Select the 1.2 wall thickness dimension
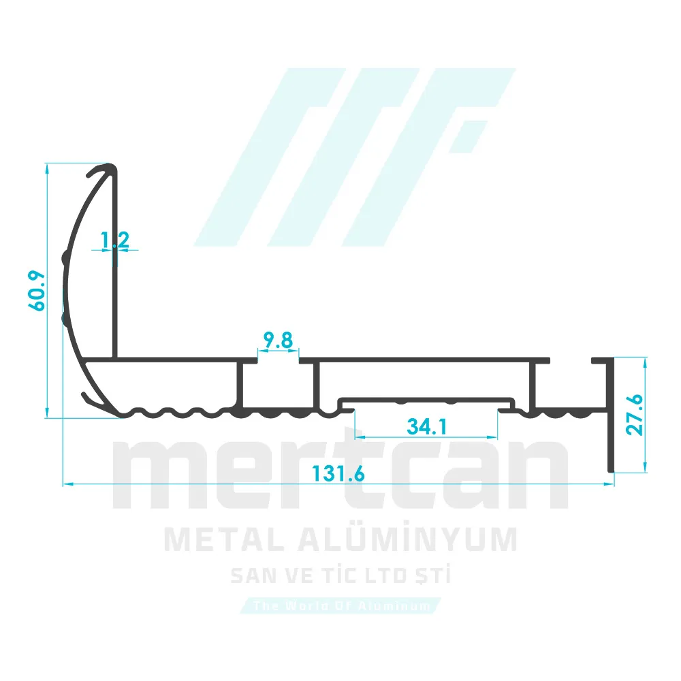114,240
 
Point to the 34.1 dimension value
426,427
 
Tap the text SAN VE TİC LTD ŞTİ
340,577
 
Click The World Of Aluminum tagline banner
340,605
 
